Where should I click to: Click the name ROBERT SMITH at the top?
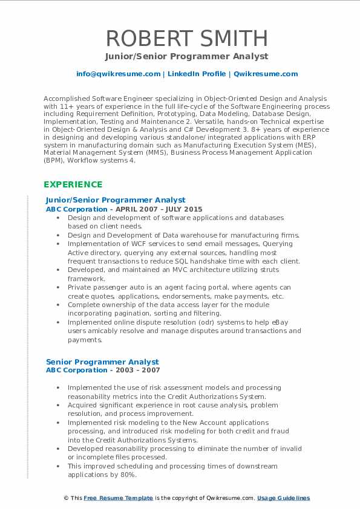[187, 38]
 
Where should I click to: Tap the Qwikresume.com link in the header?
[266, 74]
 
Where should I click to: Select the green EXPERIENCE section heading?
[73, 184]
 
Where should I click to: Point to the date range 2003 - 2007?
[139, 370]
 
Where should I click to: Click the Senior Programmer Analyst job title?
[102, 362]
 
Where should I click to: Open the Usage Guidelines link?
[283, 498]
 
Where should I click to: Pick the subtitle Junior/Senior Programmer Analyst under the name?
[187, 57]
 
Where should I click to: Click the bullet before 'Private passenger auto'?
[57, 288]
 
